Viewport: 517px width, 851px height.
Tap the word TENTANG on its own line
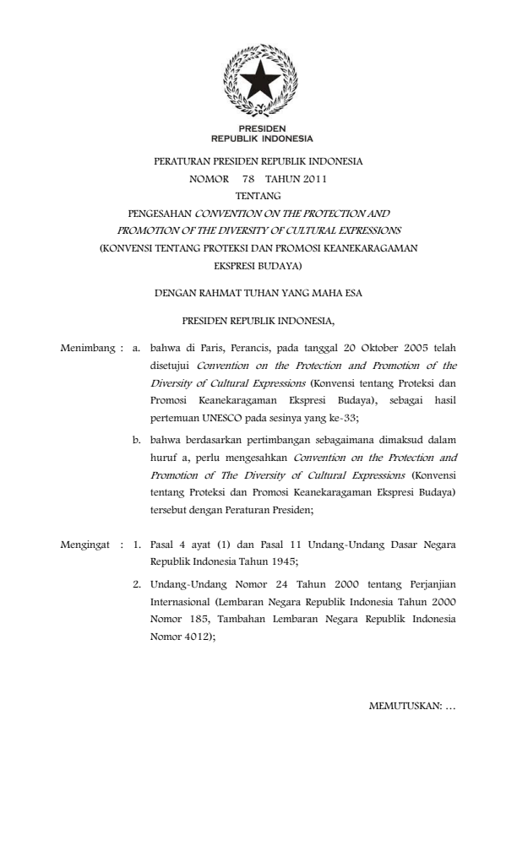[258, 196]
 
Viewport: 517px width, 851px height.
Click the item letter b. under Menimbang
[136, 438]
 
